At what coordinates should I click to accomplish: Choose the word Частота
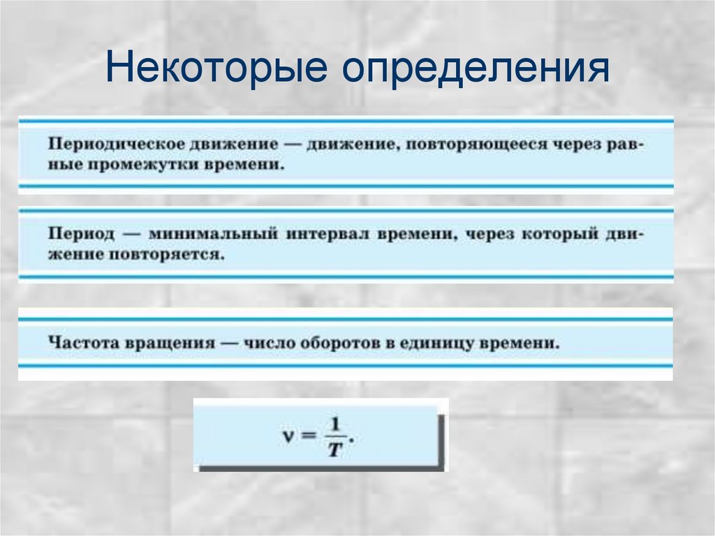click(x=84, y=345)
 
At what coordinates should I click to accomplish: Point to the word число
click(x=265, y=344)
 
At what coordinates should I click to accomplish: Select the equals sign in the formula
click(x=310, y=435)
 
